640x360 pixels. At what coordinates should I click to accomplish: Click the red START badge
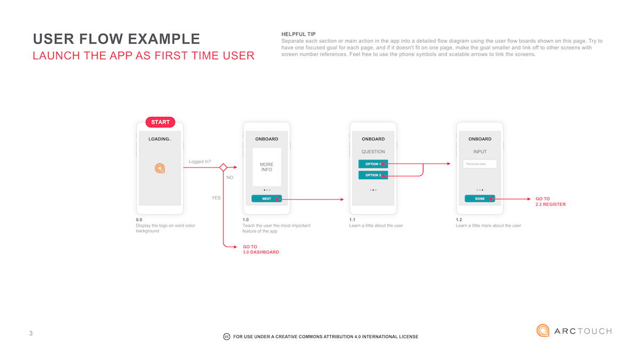pyautogui.click(x=160, y=122)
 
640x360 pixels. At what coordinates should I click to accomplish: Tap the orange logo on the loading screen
pyautogui.click(x=160, y=168)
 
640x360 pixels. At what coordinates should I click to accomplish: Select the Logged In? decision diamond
pyautogui.click(x=223, y=167)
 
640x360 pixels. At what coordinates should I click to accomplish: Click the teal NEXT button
pyautogui.click(x=267, y=198)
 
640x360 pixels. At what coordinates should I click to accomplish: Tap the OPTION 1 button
pyautogui.click(x=373, y=164)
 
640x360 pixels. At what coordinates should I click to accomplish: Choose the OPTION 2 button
pyautogui.click(x=373, y=175)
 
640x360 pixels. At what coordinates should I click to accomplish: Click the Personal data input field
pyautogui.click(x=479, y=164)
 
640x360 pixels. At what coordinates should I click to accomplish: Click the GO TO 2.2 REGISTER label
pyautogui.click(x=550, y=202)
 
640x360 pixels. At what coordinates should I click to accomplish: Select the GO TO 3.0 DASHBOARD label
pyautogui.click(x=261, y=249)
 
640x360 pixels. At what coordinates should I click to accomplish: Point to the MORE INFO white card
pyautogui.click(x=267, y=167)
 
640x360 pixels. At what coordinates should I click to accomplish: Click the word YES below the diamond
pyautogui.click(x=216, y=197)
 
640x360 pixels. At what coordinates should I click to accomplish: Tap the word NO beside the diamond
pyautogui.click(x=230, y=178)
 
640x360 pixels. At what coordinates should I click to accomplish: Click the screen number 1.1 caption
pyautogui.click(x=352, y=220)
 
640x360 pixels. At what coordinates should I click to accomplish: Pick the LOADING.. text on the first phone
pyautogui.click(x=160, y=139)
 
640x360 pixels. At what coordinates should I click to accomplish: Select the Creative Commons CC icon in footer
pyautogui.click(x=226, y=337)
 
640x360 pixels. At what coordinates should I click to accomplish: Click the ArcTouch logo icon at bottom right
pyautogui.click(x=543, y=331)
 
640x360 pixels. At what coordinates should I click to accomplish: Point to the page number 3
pyautogui.click(x=31, y=334)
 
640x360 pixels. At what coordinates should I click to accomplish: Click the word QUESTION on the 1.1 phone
pyautogui.click(x=373, y=152)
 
